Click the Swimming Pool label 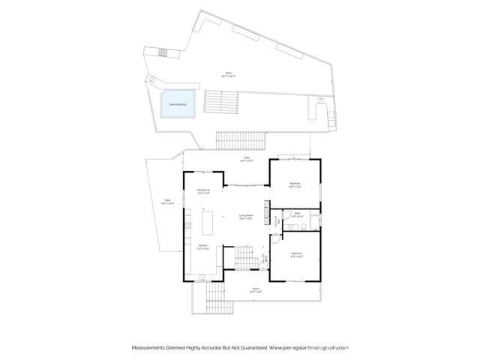click(x=178, y=103)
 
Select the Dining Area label click(x=202, y=191)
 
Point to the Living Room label click(x=245, y=217)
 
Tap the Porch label click(x=256, y=288)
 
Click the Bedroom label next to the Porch click(x=296, y=254)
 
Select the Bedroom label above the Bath click(x=295, y=183)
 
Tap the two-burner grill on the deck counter click(x=164, y=52)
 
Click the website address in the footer click(x=310, y=348)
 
